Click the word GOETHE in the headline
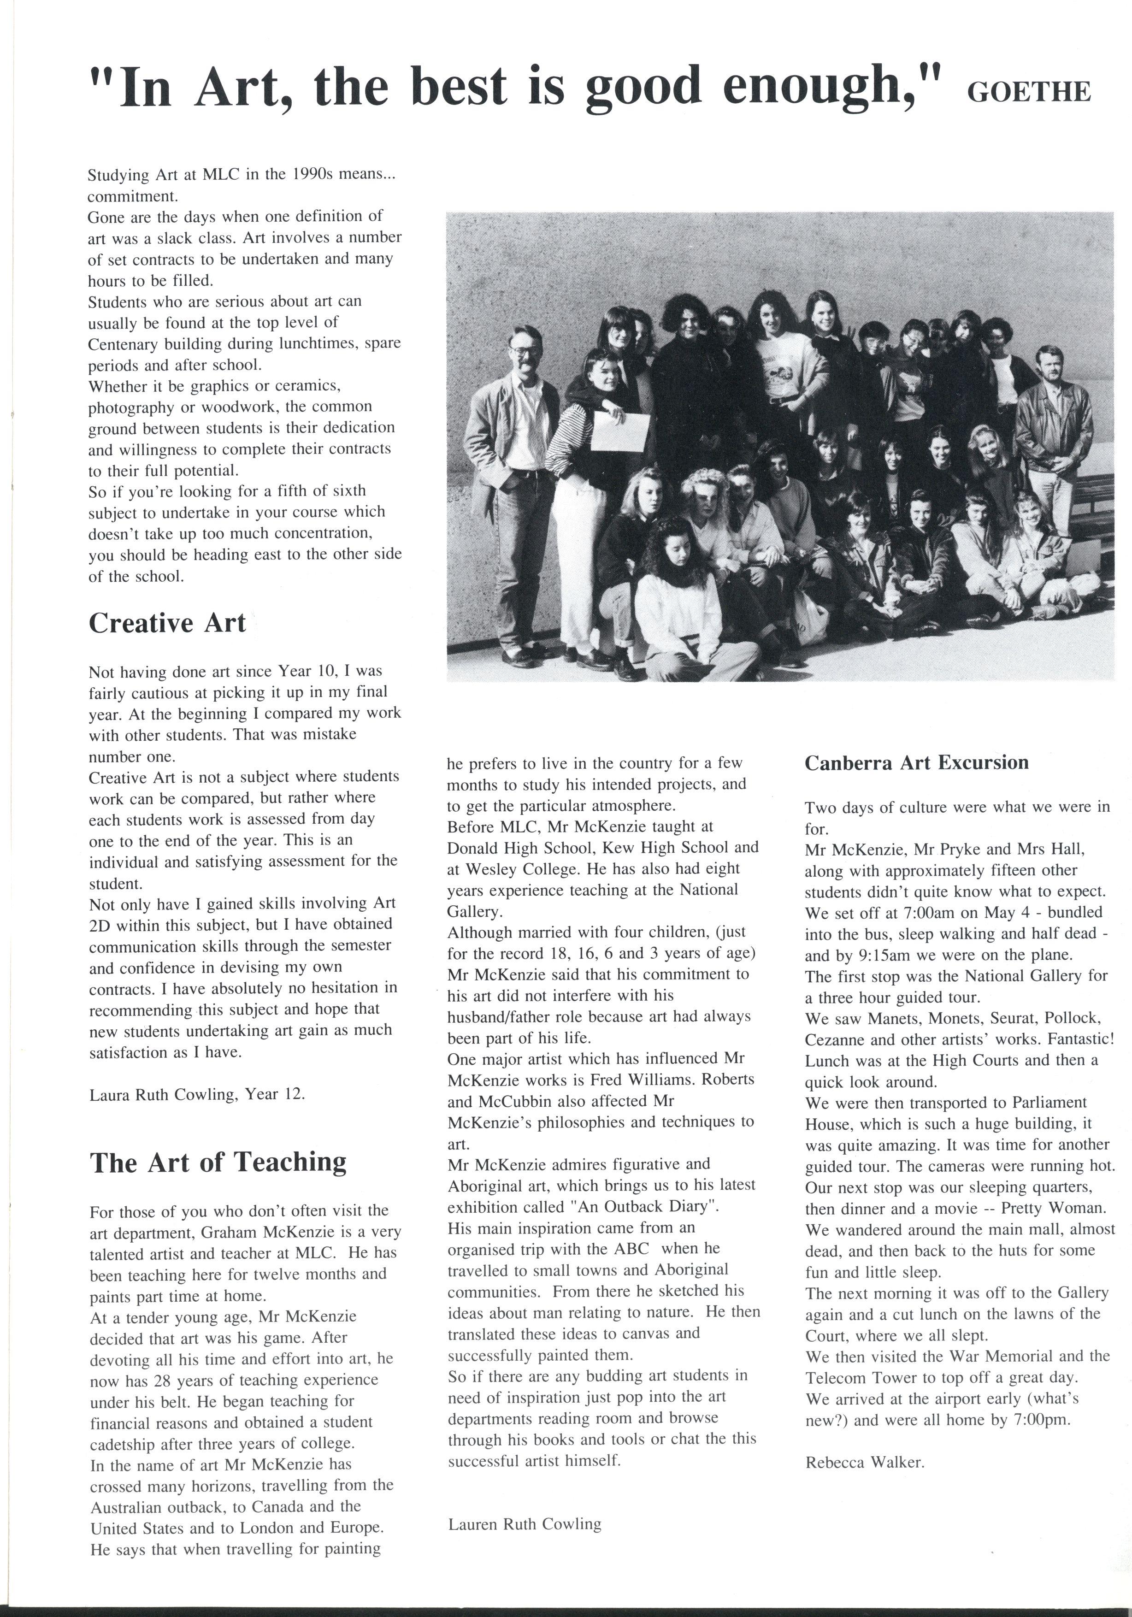1028,92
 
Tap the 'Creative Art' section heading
167,623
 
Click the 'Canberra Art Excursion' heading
916,763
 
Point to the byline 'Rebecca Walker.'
864,1462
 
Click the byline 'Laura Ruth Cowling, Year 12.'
197,1094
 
